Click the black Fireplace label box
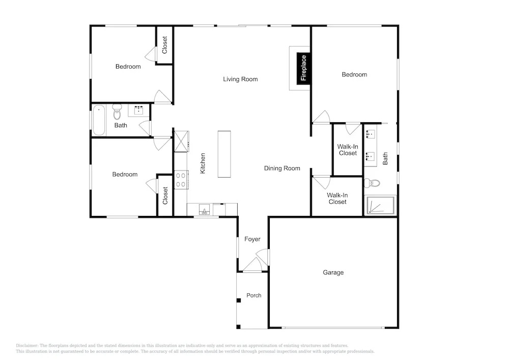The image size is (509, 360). click(x=303, y=68)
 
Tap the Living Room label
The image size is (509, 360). click(x=240, y=79)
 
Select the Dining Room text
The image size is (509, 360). click(x=282, y=168)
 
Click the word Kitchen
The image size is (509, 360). click(x=203, y=163)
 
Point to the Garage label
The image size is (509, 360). click(x=333, y=272)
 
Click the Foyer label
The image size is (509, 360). click(x=252, y=239)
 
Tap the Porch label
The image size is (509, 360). click(x=254, y=295)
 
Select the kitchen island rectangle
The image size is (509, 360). click(x=224, y=154)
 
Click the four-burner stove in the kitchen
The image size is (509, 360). click(x=181, y=180)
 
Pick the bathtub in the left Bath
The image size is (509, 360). click(x=99, y=120)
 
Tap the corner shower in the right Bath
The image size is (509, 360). click(x=380, y=205)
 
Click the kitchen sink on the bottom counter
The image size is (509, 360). click(x=204, y=210)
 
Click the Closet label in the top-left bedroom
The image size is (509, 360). click(x=164, y=45)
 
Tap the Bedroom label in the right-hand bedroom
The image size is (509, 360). click(x=354, y=75)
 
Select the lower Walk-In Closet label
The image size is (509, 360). click(x=337, y=199)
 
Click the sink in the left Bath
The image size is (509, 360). click(x=139, y=110)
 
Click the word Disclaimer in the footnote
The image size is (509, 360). click(x=27, y=346)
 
